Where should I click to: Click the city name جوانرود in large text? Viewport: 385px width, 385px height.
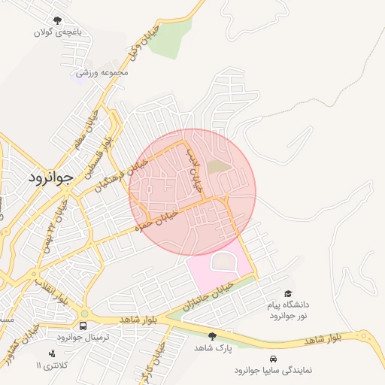coord(51,178)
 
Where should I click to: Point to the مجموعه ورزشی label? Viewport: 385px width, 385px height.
coord(103,73)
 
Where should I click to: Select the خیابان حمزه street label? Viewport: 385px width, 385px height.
coord(156,220)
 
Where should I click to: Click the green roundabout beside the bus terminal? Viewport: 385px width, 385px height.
coord(84,314)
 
